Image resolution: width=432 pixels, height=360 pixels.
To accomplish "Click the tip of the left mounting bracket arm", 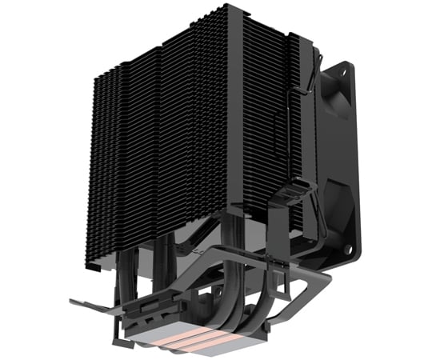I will click(x=74, y=302).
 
